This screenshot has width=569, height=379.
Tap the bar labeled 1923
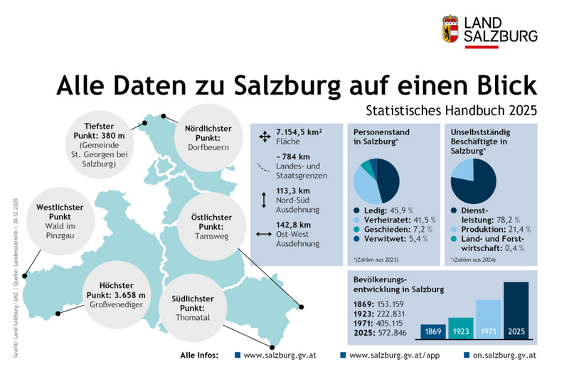point(460,327)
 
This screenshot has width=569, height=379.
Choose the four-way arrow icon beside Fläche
point(264,135)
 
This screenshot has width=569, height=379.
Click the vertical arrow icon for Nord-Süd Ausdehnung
point(264,200)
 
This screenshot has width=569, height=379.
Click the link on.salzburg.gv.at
point(504,354)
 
